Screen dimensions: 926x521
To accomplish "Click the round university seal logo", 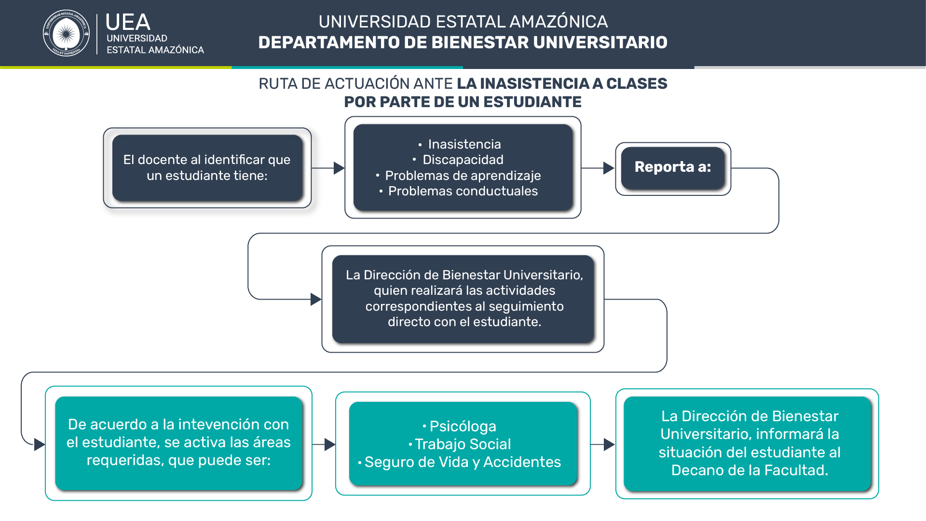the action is [x=66, y=33].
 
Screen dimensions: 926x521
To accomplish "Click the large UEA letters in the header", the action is [x=128, y=22].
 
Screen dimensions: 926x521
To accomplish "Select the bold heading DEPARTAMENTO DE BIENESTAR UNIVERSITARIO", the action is [x=463, y=42].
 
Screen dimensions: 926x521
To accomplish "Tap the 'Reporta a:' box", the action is [x=673, y=168].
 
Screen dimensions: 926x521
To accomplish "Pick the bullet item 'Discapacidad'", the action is [x=458, y=160].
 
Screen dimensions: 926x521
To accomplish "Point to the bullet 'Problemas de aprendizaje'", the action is [x=458, y=176].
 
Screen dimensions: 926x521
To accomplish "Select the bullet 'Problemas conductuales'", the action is [x=458, y=191].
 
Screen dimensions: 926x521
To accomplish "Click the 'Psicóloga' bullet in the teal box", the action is [x=459, y=426].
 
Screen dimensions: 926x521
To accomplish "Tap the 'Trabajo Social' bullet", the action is [x=460, y=444].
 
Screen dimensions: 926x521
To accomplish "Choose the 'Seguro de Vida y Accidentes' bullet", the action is [x=459, y=462].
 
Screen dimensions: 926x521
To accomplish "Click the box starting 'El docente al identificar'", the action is [x=207, y=168].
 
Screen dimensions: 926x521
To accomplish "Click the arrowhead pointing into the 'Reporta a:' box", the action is [x=609, y=168].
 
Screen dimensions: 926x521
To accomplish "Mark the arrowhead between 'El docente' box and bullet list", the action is [x=339, y=168].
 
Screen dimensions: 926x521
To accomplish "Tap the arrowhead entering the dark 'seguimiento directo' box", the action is [x=316, y=300].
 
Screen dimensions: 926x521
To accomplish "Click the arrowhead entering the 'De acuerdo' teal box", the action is [x=40, y=445].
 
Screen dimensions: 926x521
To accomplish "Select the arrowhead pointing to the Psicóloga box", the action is [x=330, y=444].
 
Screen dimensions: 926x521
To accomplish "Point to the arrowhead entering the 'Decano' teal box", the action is [x=609, y=444].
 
